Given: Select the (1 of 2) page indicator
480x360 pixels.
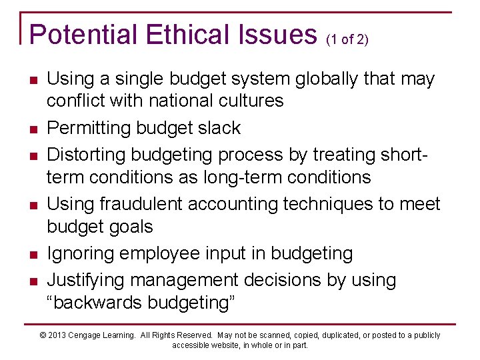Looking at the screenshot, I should point(347,39).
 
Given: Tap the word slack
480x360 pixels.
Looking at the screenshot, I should point(219,127).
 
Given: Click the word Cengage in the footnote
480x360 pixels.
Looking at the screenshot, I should point(90,335).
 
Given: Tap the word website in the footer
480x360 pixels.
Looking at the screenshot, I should point(227,345).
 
